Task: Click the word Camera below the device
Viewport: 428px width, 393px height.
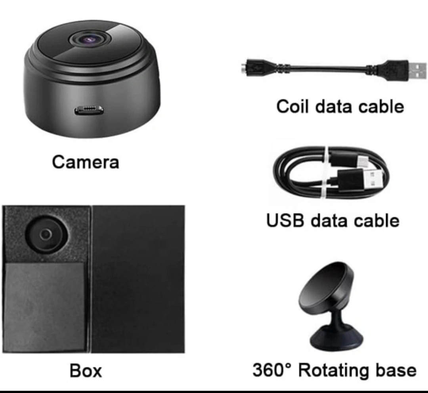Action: [x=85, y=162]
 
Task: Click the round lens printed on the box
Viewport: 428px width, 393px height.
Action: [x=46, y=234]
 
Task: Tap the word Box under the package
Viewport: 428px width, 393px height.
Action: [x=86, y=371]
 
